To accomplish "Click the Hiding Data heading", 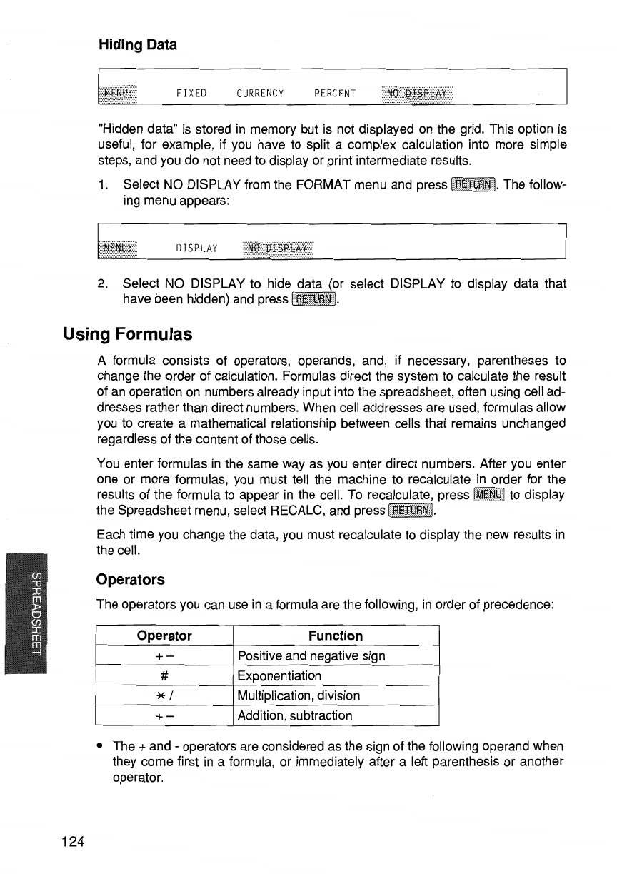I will (x=137, y=44).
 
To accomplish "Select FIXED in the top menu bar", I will (x=191, y=93).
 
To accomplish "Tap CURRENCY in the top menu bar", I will (x=260, y=93).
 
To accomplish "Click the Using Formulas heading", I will (x=129, y=333).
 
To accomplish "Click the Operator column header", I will (x=164, y=636).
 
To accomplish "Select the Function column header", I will (x=336, y=636).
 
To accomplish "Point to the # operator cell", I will (x=164, y=675).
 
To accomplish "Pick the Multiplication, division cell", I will (x=299, y=695).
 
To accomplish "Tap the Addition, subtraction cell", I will (x=295, y=715).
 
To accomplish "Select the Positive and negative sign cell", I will (x=311, y=655).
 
